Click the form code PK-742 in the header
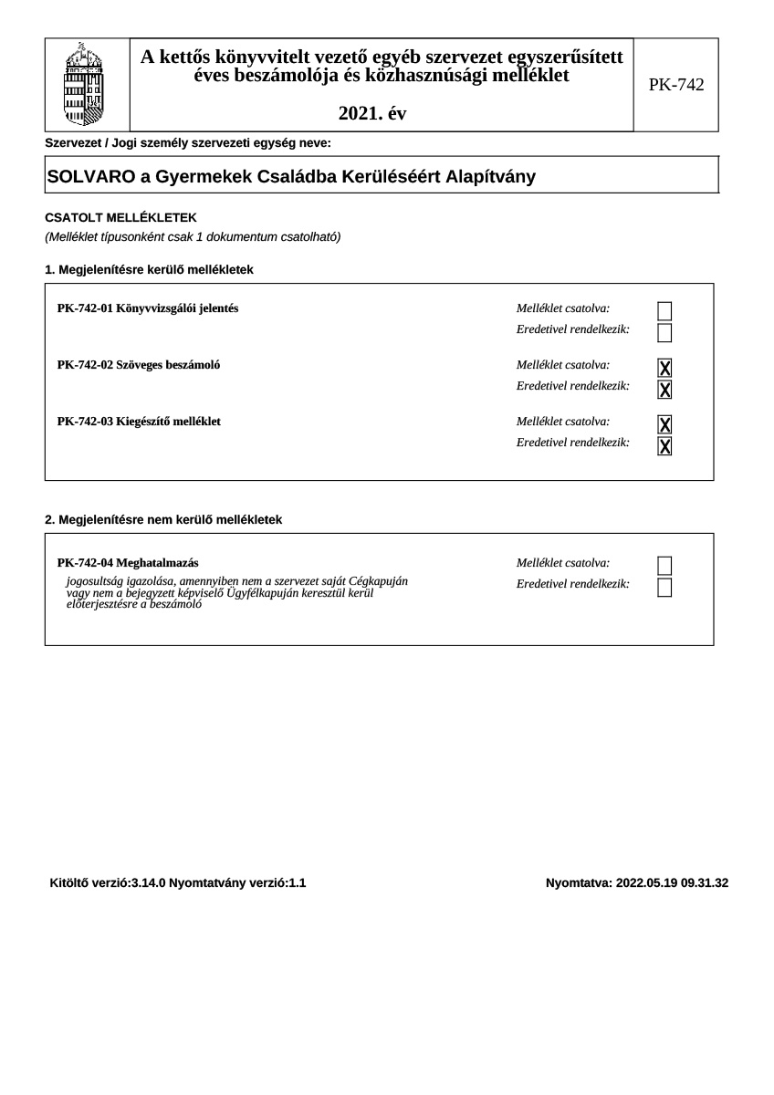[676, 85]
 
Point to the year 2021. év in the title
[372, 113]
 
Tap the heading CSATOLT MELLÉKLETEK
[120, 217]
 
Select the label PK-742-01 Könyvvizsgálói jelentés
[148, 308]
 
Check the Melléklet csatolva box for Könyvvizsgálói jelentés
[664, 310]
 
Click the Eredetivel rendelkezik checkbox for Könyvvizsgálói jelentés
[664, 332]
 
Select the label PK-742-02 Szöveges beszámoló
[139, 365]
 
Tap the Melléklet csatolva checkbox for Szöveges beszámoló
[664, 368]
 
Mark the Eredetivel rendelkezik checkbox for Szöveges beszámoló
[664, 390]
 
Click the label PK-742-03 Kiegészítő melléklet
[139, 422]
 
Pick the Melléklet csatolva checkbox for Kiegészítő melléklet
[664, 424]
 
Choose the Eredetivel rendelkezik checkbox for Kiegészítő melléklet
[664, 446]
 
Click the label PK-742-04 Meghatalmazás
[128, 563]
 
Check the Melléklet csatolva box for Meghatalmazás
[664, 566]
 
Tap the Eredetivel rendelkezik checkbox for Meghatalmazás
[664, 587]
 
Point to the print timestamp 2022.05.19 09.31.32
[672, 882]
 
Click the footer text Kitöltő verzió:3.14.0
[108, 882]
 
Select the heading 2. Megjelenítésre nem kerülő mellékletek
[163, 519]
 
